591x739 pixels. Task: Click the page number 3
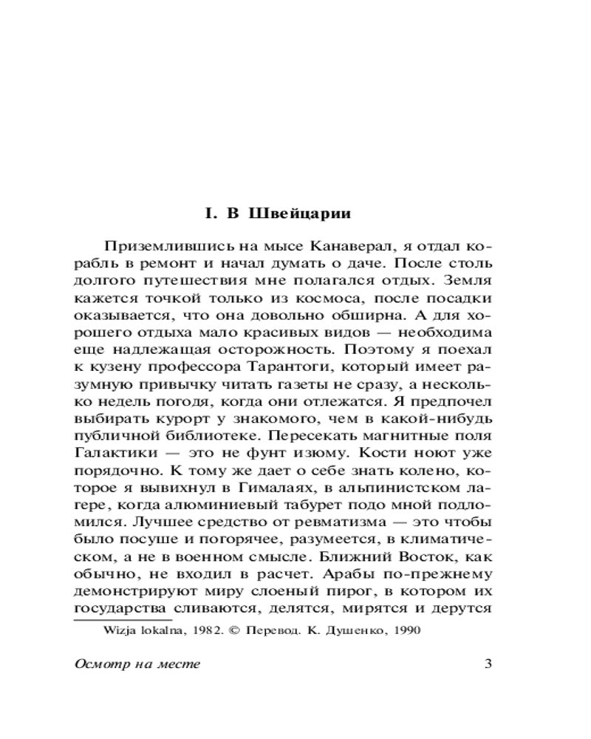tap(488, 663)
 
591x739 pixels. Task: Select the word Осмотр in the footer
tap(99, 663)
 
